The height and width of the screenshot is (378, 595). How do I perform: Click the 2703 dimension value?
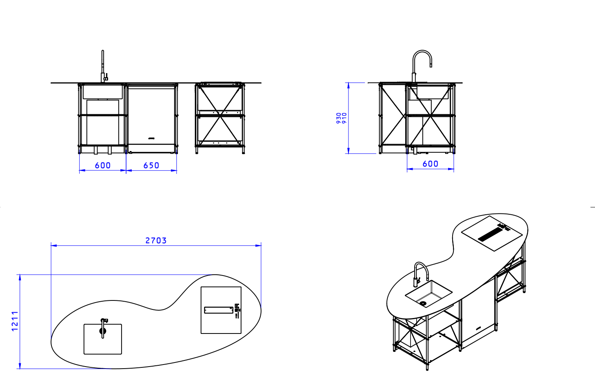[156, 240]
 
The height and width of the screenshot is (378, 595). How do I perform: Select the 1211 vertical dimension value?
[15, 321]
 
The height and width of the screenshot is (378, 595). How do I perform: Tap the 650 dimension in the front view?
[151, 165]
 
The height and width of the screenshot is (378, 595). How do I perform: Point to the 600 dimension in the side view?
[430, 164]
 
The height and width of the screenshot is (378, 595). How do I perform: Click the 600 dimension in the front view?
[102, 165]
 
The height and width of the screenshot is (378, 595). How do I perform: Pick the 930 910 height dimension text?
[341, 118]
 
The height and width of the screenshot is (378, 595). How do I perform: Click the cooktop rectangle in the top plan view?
[221, 310]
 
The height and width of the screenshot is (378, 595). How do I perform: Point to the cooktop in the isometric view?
[492, 233]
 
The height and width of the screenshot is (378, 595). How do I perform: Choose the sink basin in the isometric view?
[428, 292]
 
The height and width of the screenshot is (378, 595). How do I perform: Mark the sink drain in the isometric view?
[423, 303]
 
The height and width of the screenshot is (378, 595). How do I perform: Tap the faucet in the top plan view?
[103, 328]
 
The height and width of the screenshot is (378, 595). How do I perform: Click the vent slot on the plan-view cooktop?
[218, 310]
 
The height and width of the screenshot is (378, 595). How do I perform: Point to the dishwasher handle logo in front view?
[152, 138]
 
